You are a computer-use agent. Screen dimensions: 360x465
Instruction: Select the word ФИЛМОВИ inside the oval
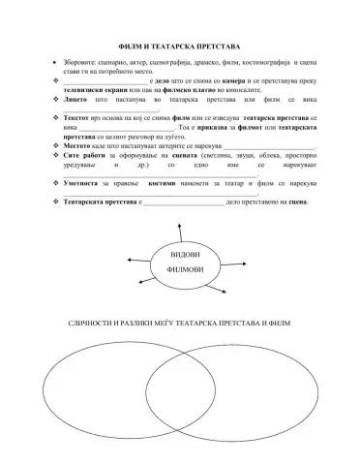179,268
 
